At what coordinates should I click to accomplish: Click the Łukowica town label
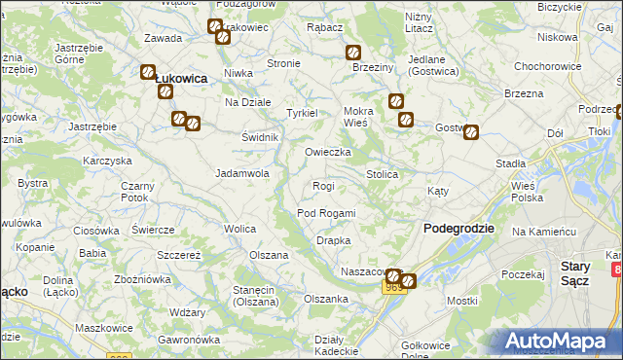tap(181, 79)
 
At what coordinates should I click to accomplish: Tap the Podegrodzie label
tap(459, 228)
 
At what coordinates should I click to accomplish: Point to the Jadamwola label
tap(241, 173)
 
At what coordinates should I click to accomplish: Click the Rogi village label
tap(323, 186)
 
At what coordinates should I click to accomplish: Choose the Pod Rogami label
tap(326, 213)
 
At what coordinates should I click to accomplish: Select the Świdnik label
tap(261, 137)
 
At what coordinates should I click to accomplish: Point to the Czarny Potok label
tap(135, 192)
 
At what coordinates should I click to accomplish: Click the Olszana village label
tap(269, 255)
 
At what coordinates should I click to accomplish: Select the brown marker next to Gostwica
tap(471, 133)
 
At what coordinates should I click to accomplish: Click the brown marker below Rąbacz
tap(354, 53)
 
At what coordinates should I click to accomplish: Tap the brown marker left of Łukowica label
tap(148, 72)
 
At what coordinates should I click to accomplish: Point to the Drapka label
tap(333, 240)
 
